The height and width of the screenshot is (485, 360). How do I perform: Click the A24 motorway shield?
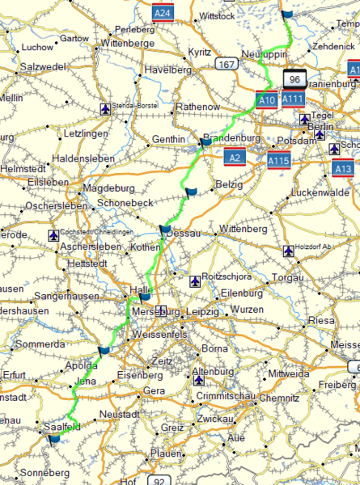click(164, 12)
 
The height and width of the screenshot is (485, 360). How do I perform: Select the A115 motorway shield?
click(279, 162)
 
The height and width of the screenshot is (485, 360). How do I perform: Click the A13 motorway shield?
click(343, 169)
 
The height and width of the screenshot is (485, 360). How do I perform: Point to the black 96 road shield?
click(294, 78)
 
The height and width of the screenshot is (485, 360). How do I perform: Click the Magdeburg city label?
click(108, 188)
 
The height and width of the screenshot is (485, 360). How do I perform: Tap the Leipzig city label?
click(201, 311)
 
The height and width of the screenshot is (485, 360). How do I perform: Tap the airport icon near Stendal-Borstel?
click(104, 108)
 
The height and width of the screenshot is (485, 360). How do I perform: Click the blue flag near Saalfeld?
click(53, 438)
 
